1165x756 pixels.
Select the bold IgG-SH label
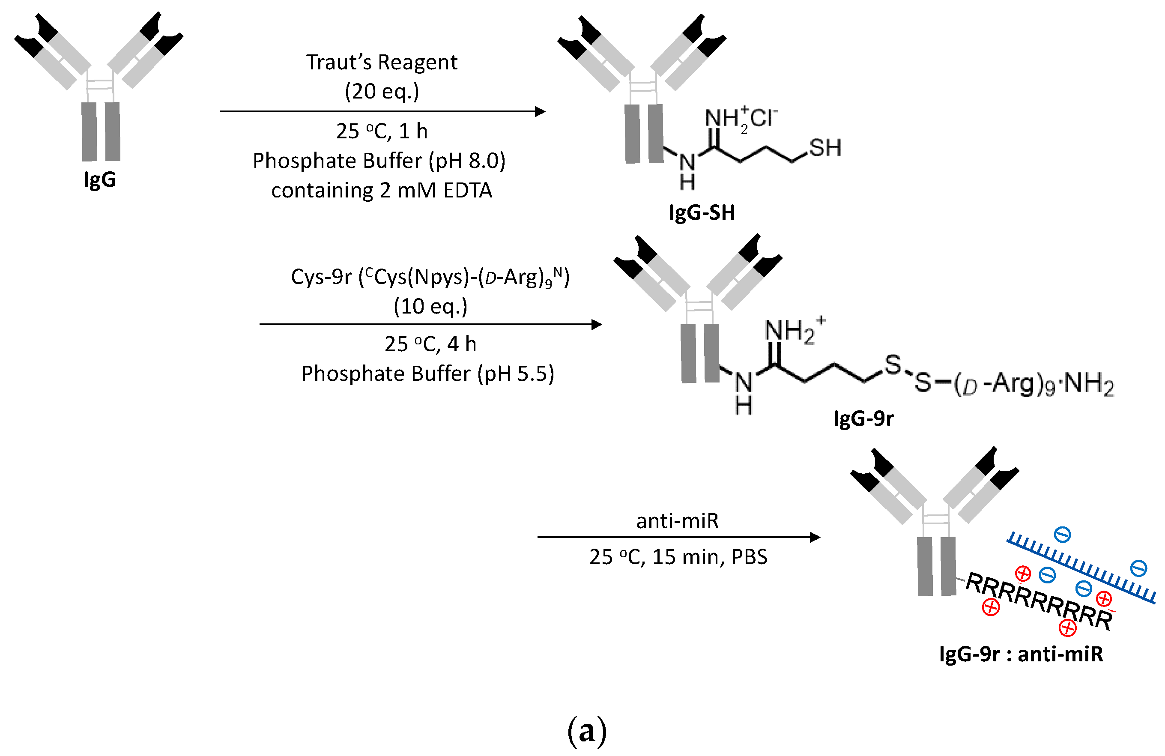[x=702, y=212]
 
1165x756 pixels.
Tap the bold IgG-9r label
[x=863, y=418]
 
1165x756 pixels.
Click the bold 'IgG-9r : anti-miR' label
[x=1021, y=654]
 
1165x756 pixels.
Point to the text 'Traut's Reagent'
[x=381, y=62]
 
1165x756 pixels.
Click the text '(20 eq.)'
[x=381, y=91]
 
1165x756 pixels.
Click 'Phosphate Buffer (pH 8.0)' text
[x=379, y=161]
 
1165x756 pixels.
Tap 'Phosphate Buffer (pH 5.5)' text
[x=427, y=374]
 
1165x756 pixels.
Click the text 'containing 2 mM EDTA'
[x=381, y=191]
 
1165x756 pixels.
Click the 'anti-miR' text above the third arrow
[x=677, y=521]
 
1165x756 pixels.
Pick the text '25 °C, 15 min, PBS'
[x=678, y=557]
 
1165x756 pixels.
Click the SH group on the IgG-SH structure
[x=825, y=148]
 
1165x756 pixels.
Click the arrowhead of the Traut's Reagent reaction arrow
[x=540, y=112]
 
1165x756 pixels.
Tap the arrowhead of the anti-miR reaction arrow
[x=815, y=537]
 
